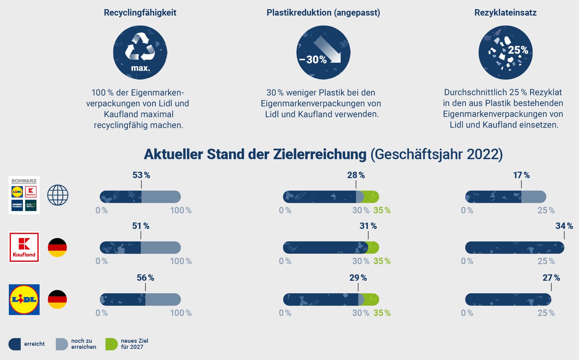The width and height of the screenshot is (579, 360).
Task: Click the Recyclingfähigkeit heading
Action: (140, 13)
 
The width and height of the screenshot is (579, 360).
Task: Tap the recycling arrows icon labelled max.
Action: (140, 52)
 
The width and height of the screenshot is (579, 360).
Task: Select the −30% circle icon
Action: (323, 52)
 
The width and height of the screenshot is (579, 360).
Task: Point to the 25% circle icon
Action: (505, 52)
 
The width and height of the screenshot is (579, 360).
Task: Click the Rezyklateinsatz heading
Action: (505, 13)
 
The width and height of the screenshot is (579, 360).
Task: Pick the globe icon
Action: (58, 195)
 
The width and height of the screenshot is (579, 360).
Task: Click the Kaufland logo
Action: (24, 247)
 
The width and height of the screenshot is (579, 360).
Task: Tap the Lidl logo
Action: (24, 299)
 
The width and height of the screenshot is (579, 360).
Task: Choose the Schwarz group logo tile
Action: (24, 195)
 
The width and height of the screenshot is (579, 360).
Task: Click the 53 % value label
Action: (141, 175)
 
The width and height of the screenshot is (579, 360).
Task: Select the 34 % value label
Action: (564, 226)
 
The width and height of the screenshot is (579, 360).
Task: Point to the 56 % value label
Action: (145, 278)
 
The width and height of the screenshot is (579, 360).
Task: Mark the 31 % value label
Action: (368, 226)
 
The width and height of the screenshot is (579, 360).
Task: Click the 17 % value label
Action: (521, 175)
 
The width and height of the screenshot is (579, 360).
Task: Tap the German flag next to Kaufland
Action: (58, 247)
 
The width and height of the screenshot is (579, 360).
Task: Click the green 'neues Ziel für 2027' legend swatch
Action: (111, 344)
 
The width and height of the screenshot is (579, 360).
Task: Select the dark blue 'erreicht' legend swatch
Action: (15, 344)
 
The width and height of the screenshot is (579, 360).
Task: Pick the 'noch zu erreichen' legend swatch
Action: (62, 344)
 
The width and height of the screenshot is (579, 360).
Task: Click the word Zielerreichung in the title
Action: (319, 154)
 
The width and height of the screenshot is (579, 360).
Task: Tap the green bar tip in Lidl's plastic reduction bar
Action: (372, 299)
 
